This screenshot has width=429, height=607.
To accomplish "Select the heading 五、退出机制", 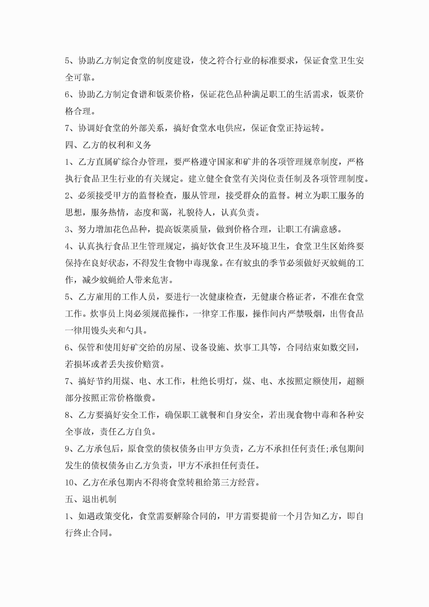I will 91,499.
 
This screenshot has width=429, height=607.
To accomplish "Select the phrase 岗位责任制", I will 280,179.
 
